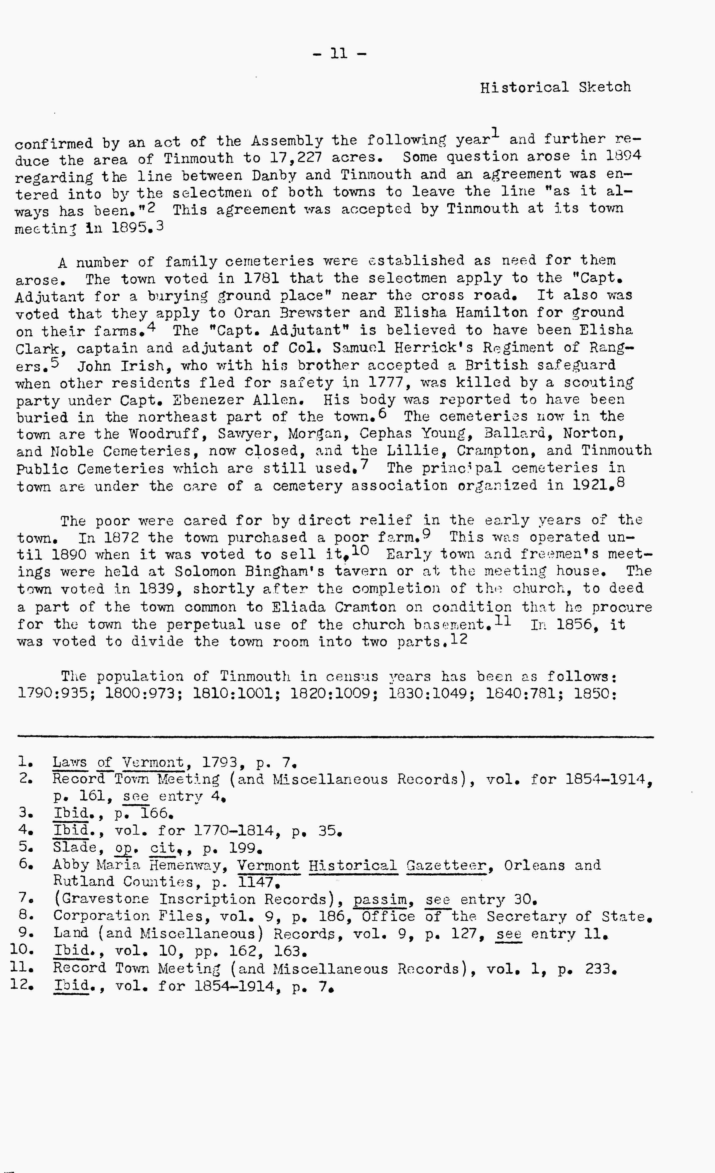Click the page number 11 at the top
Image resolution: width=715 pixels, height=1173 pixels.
click(x=339, y=53)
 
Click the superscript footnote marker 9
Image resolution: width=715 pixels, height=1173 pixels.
click(x=426, y=534)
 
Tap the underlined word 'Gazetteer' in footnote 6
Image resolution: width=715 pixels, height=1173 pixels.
click(x=447, y=865)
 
